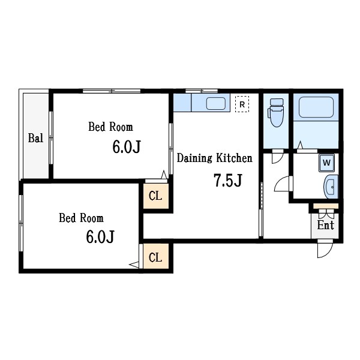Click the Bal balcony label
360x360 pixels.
35,138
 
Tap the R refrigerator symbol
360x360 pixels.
242,104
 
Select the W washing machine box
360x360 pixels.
326,162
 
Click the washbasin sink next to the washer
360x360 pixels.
331,187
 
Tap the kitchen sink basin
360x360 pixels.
215,103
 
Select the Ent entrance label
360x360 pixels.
325,226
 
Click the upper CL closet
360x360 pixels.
155,196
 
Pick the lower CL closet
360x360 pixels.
155,258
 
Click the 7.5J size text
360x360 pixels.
227,180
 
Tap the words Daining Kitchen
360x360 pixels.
214,158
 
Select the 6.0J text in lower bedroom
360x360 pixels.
100,236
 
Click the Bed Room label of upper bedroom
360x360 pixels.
110,127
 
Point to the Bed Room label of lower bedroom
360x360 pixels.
81,218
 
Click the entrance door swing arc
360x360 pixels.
324,250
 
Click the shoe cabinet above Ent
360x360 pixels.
326,206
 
